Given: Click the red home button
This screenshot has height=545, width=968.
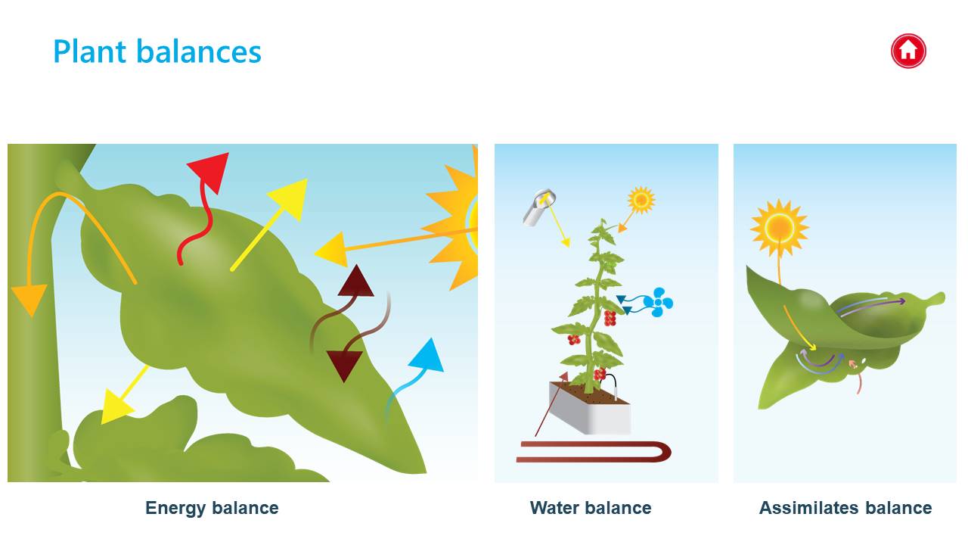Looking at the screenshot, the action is tap(908, 51).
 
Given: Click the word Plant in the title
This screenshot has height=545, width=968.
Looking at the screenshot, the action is tap(90, 51).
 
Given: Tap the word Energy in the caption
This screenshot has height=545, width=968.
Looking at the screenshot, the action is tap(175, 509).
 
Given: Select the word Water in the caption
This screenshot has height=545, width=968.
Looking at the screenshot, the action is tap(554, 508).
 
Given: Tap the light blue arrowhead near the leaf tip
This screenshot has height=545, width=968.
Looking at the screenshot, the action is tap(427, 356).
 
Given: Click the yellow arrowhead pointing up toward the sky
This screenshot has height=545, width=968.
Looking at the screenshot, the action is tap(290, 198).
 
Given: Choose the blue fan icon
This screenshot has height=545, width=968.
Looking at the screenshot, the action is tap(658, 302).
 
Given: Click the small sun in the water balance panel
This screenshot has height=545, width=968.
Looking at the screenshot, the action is tap(641, 200).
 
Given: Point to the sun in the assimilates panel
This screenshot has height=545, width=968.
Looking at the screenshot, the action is tap(780, 228).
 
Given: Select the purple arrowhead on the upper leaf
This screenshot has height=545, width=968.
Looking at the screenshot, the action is tap(901, 301).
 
